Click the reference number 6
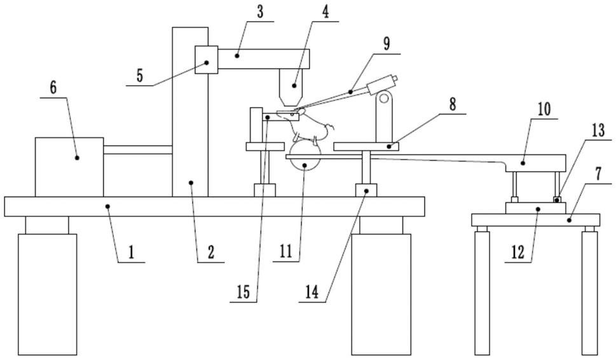pos(53,88)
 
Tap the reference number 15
pos(243,292)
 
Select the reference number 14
pos(312,293)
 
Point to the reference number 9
pos(387,44)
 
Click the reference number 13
pos(598,130)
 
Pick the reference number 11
pos(286,251)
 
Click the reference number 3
pos(260,12)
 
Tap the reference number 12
pos(518,253)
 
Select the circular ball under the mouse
pos(306,156)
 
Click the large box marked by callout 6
pos(69,167)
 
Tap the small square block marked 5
pos(206,60)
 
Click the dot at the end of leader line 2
pos(191,183)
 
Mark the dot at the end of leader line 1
pos(108,205)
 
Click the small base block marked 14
pos(366,190)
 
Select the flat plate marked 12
pos(536,208)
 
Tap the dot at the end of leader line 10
pos(523,163)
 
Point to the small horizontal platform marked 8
pos(366,146)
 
